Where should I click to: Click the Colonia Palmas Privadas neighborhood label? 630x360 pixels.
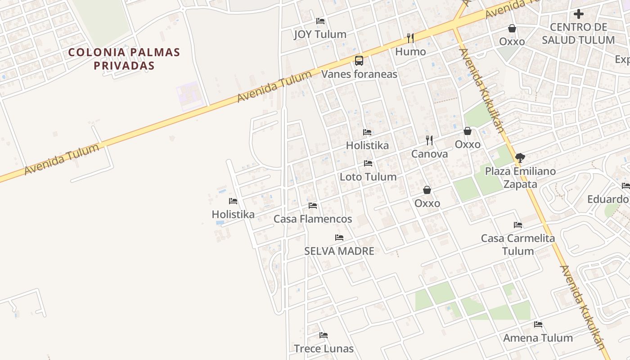pos(124,59)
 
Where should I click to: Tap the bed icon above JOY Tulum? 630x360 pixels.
pos(320,21)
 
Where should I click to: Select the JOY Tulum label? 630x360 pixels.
pos(320,34)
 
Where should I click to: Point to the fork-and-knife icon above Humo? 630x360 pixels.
pos(410,38)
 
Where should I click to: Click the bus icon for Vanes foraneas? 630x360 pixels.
pos(359,60)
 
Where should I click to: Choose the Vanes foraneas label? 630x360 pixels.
pos(359,74)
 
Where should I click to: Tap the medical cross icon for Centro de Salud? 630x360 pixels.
pos(579,14)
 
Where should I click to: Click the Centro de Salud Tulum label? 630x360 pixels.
pos(578,34)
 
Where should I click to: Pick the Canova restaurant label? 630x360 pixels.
pos(429,154)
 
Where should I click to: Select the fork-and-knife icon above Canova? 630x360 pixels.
pos(429,140)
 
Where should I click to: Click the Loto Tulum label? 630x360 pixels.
pos(368,177)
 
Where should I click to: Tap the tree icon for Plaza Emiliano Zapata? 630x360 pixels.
pos(520,157)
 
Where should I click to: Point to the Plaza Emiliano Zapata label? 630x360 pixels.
pos(520,178)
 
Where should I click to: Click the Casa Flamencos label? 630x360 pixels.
pos(313,219)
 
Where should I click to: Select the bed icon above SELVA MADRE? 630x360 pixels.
pos(339,238)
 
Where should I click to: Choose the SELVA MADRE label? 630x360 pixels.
pos(339,251)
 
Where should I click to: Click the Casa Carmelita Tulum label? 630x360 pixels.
pos(518,244)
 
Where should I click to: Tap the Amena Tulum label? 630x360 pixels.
pos(538,338)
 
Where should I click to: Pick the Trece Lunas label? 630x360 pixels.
pos(324,349)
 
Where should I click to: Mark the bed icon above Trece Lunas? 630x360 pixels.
pos(324,335)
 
